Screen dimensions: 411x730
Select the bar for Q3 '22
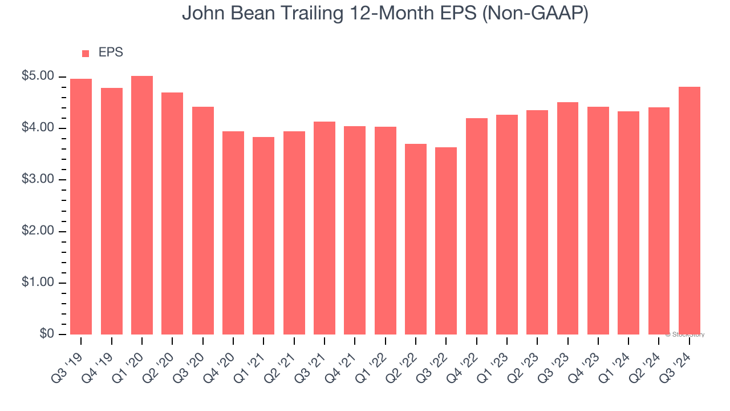tap(446, 241)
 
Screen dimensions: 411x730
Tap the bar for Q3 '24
tap(690, 211)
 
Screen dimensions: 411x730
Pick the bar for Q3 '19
tap(81, 207)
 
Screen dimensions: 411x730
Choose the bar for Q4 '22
tap(477, 226)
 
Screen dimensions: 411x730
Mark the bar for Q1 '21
tap(263, 236)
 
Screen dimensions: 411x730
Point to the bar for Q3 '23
tap(568, 218)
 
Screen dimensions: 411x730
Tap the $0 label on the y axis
tap(46, 335)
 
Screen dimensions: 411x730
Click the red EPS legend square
tap(86, 53)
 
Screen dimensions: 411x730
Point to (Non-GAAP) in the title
tap(536, 14)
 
